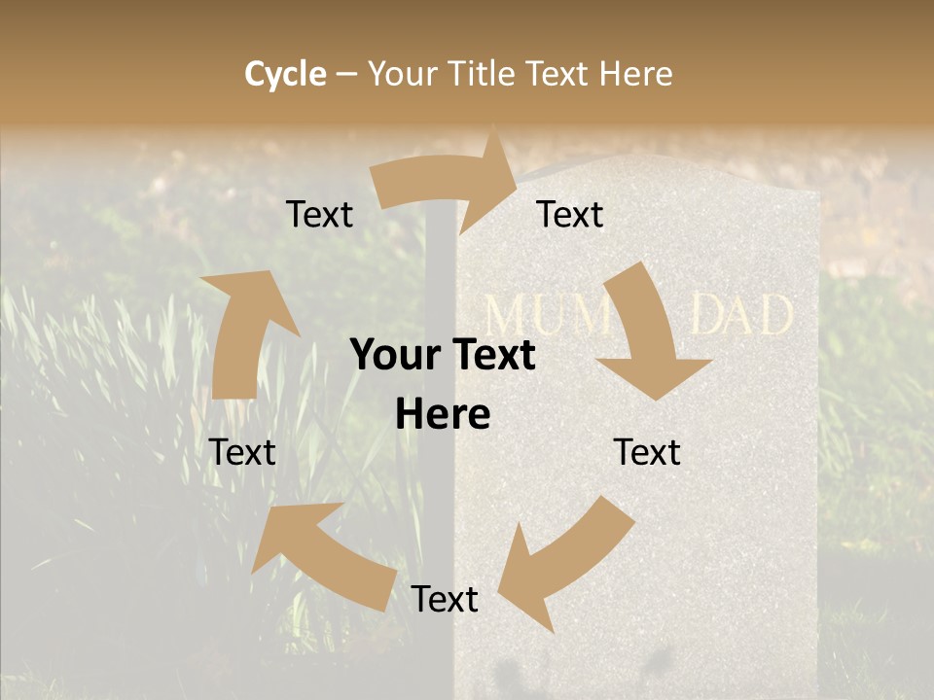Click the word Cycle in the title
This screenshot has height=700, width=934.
285,74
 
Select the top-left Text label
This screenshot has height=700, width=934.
319,215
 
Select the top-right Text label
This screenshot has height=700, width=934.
570,215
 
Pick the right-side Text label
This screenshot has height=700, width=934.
647,453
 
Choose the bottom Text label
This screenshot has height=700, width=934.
445,600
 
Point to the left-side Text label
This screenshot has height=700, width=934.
242,453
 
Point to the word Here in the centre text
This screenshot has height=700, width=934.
443,415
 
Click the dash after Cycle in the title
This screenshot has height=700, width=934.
346,74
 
